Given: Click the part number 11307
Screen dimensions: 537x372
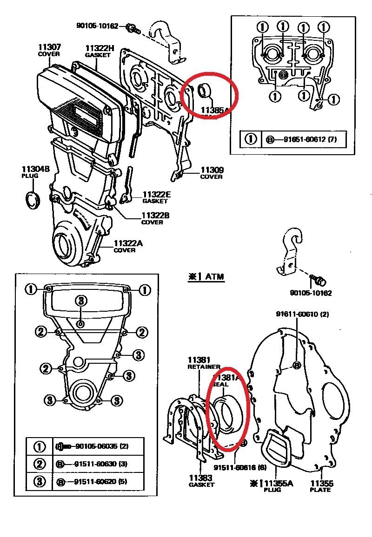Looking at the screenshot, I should click(x=49, y=47).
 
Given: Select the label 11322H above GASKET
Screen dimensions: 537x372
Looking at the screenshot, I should click(x=99, y=48).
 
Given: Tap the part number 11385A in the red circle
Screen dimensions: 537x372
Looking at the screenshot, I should click(x=215, y=110).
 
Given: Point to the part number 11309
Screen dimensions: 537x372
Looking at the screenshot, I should click(x=212, y=170).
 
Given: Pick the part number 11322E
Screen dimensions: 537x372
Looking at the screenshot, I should click(x=156, y=194).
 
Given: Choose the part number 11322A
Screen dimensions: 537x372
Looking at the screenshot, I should click(x=125, y=243).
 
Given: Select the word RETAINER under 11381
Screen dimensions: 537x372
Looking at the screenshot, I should click(x=204, y=367).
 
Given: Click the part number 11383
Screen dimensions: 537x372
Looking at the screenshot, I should click(x=201, y=478).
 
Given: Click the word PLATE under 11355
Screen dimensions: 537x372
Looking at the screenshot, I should click(x=320, y=490).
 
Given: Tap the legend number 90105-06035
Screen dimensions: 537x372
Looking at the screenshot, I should click(x=95, y=446).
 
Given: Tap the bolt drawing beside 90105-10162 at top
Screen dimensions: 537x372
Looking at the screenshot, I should click(x=133, y=29).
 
